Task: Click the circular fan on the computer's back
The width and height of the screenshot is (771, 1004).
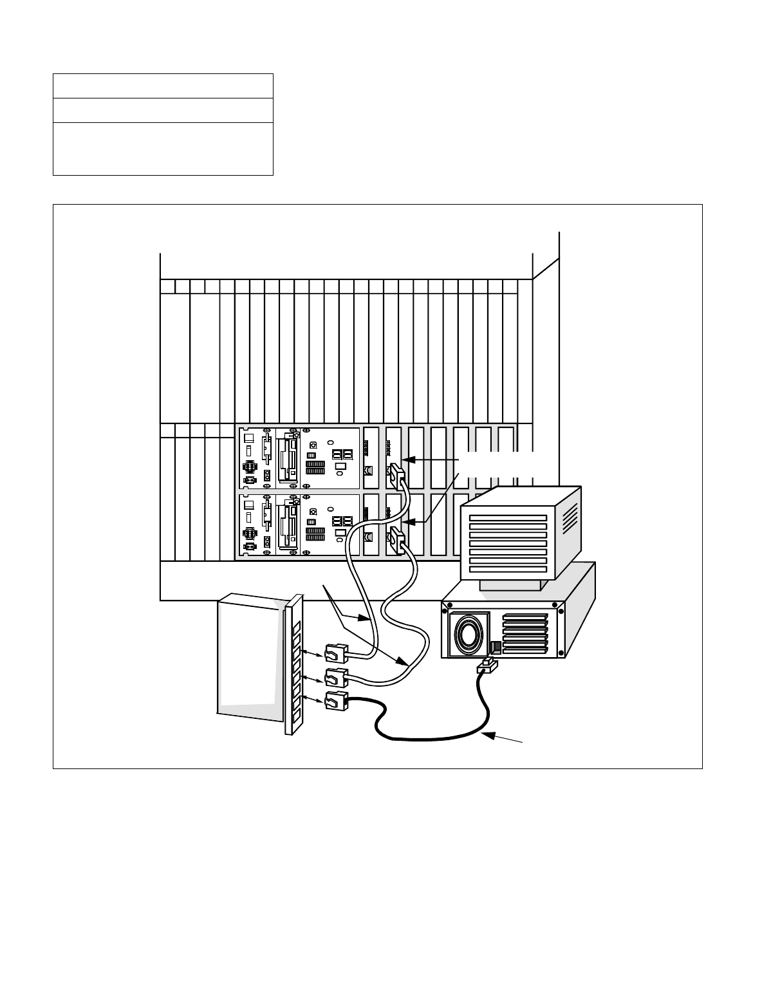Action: [469, 633]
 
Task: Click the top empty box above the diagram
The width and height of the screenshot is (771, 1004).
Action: [163, 86]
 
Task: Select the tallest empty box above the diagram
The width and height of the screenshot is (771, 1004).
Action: [163, 149]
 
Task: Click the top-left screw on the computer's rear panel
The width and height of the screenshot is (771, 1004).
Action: [449, 606]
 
